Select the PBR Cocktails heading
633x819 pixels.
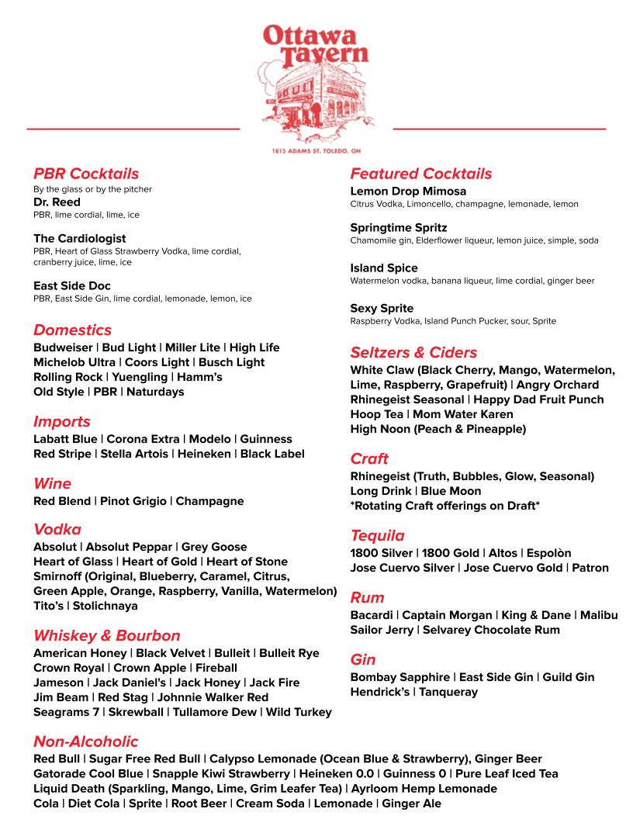coord(86,174)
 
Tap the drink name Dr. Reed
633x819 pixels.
coord(57,202)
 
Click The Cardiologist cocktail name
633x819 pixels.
coord(79,238)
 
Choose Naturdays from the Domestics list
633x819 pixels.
coord(155,392)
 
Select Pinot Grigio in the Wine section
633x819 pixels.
coord(133,501)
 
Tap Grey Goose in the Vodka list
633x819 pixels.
coord(215,547)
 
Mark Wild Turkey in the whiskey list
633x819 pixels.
coord(299,712)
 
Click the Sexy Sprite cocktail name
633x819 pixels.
coord(382,309)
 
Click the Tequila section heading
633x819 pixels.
coord(377,536)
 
